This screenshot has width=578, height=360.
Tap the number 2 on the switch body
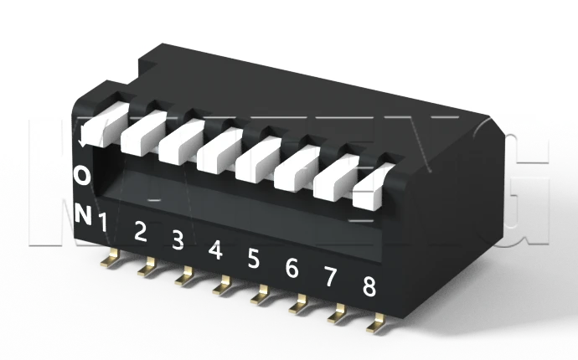[x=141, y=232]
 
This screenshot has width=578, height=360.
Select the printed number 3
[x=178, y=240]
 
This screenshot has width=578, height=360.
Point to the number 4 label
[x=215, y=249]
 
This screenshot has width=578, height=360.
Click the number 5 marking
[x=254, y=259]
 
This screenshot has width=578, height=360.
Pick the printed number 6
[x=292, y=268]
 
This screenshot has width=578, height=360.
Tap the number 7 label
[x=330, y=277]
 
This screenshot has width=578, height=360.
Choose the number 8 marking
[x=369, y=286]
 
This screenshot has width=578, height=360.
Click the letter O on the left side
[x=82, y=175]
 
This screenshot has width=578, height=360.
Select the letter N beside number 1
[x=82, y=213]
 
